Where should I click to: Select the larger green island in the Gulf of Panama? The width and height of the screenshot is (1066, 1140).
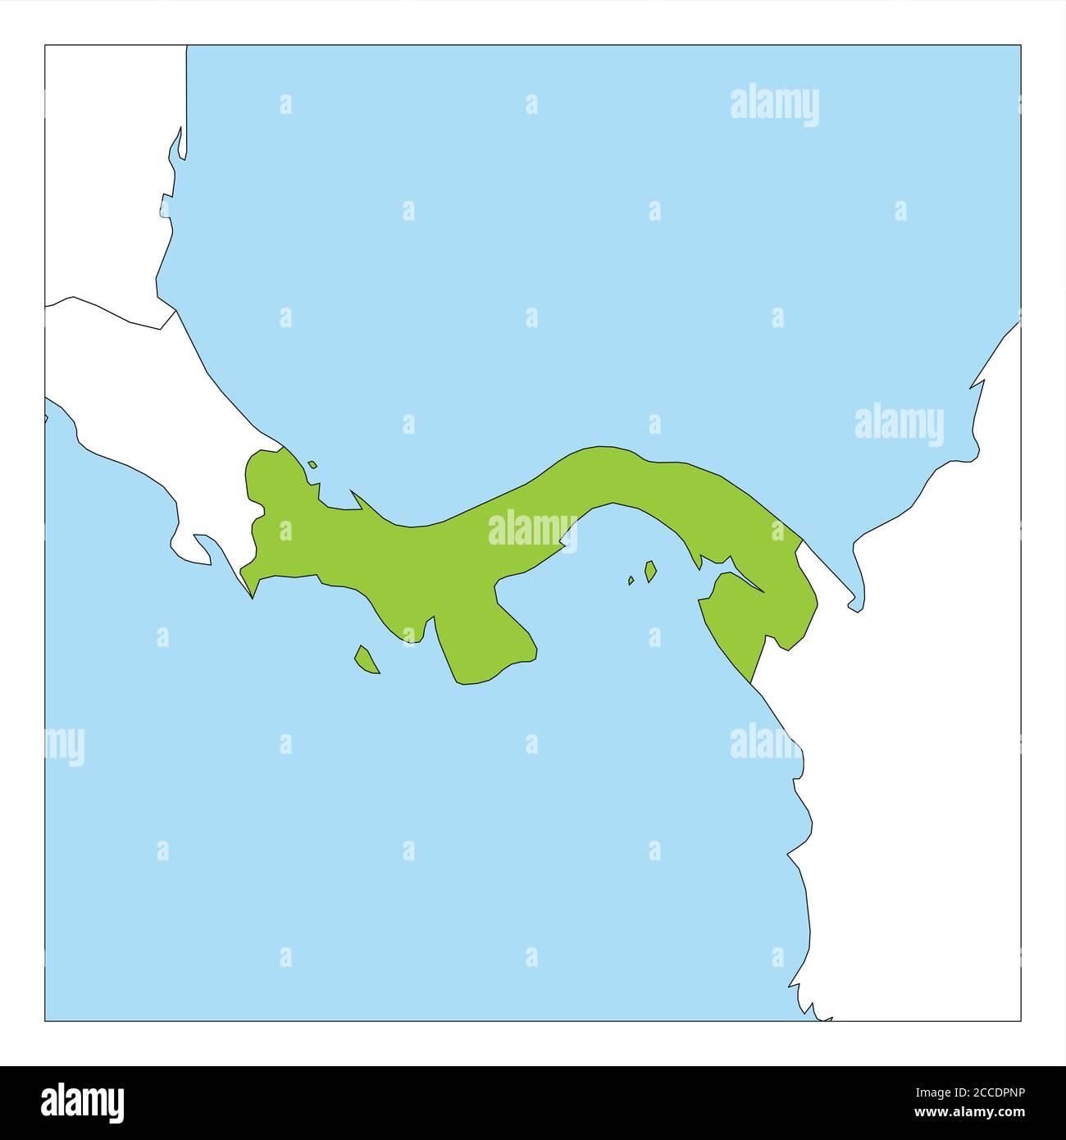(650, 571)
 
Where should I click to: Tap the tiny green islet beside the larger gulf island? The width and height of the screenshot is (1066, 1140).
(631, 580)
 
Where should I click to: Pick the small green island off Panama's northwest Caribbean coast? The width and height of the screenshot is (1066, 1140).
(312, 465)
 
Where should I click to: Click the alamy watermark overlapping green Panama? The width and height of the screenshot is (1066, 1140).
(533, 530)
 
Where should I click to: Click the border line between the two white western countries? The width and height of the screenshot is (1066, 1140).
(107, 312)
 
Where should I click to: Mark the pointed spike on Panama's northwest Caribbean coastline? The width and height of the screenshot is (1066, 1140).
(354, 495)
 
